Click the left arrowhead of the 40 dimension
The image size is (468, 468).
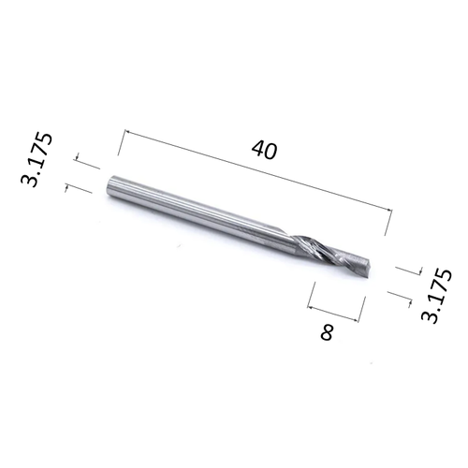pyautogui.click(x=121, y=133)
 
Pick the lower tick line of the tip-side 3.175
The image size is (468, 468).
pyautogui.click(x=401, y=297)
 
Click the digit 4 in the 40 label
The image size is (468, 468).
pyautogui.click(x=258, y=150)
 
